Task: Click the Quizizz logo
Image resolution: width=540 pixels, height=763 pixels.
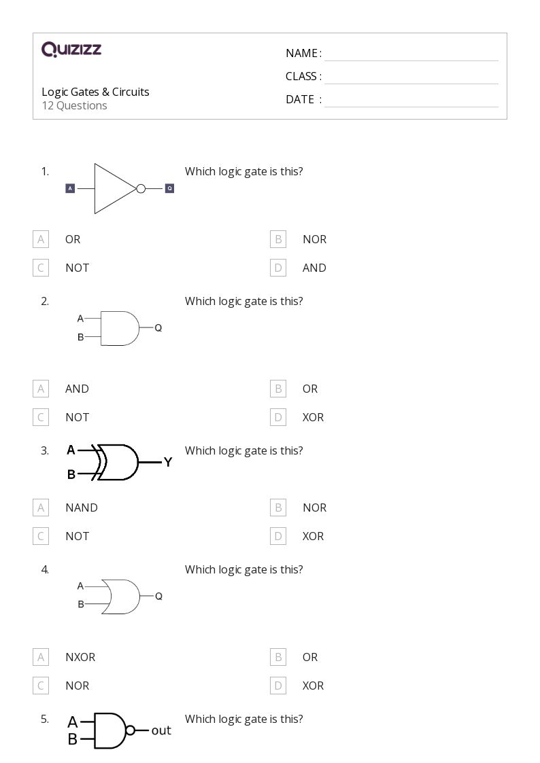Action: (x=71, y=49)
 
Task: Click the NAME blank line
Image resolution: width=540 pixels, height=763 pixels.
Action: (x=411, y=54)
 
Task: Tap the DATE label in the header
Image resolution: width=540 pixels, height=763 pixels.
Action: (x=299, y=99)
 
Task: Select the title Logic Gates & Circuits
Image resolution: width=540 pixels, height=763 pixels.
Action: (x=95, y=92)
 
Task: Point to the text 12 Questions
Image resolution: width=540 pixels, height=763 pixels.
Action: (x=74, y=105)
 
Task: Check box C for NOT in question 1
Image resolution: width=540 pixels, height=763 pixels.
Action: (x=41, y=268)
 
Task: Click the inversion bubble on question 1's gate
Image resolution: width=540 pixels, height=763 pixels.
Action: (x=141, y=188)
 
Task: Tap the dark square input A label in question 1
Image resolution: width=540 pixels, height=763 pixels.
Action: (x=70, y=188)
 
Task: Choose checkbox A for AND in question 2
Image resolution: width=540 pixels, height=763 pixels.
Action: (x=41, y=389)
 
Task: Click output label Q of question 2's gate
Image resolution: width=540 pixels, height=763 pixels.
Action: (x=158, y=327)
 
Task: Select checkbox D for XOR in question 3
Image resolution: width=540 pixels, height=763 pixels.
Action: (x=278, y=536)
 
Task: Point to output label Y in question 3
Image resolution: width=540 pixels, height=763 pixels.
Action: (x=168, y=462)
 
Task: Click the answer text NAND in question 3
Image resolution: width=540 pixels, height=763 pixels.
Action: (x=82, y=508)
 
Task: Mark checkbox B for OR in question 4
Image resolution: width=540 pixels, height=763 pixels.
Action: (x=278, y=657)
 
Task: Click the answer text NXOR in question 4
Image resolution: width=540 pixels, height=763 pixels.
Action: (x=80, y=657)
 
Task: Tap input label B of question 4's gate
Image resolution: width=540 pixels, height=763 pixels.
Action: (x=81, y=604)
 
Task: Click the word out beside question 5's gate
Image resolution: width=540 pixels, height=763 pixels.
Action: (x=161, y=730)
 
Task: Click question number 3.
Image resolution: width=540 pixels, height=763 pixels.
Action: (x=45, y=450)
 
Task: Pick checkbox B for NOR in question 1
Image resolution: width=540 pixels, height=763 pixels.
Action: (x=278, y=239)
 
